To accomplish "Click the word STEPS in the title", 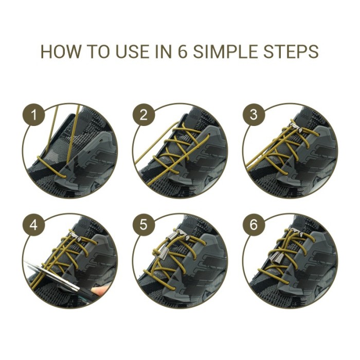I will [x=293, y=52].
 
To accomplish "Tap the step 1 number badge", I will [x=34, y=116].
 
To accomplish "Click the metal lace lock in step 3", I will [x=295, y=132].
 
